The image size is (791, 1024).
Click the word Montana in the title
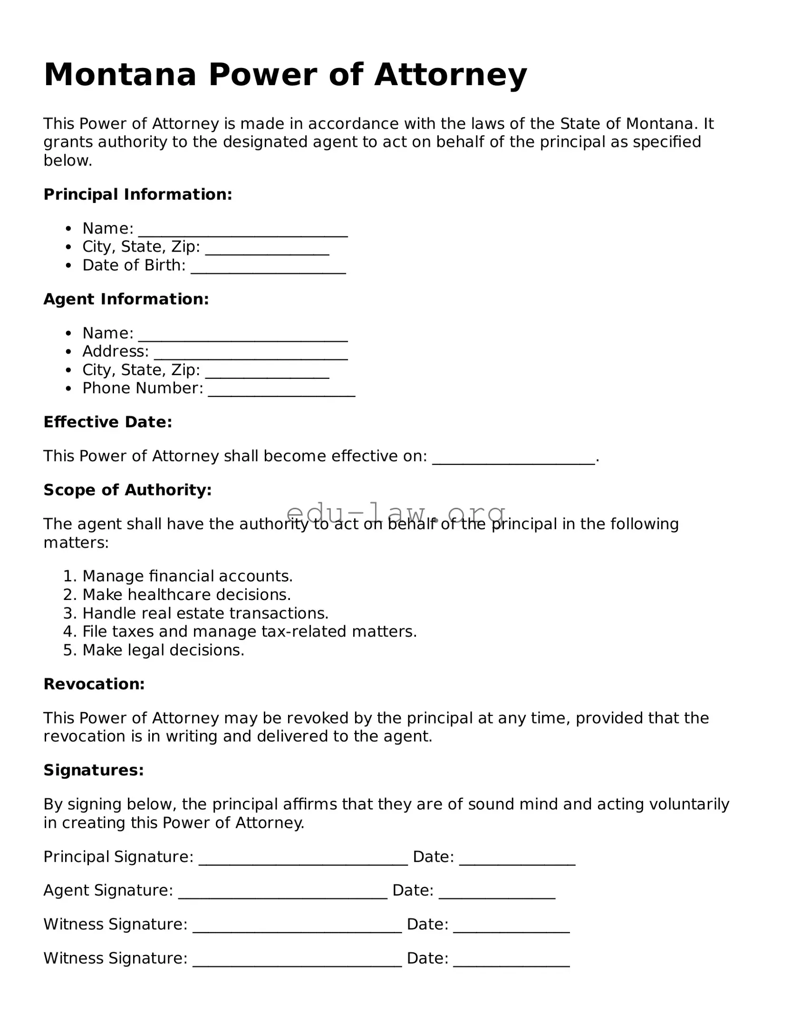coord(120,75)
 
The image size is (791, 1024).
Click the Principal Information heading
coord(138,194)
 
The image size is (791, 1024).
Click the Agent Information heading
coord(126,299)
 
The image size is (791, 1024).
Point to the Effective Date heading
coord(107,422)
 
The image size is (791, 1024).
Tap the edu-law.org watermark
coord(395,513)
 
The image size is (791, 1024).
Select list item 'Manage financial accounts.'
coord(187,576)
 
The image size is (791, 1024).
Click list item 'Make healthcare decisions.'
coord(186,595)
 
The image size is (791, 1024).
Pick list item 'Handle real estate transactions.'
coord(205,613)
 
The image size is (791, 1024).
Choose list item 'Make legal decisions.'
coord(163,650)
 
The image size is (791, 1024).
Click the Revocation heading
coord(94,684)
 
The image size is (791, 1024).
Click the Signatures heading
coord(94,770)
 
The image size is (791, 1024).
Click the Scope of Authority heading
coord(127,490)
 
